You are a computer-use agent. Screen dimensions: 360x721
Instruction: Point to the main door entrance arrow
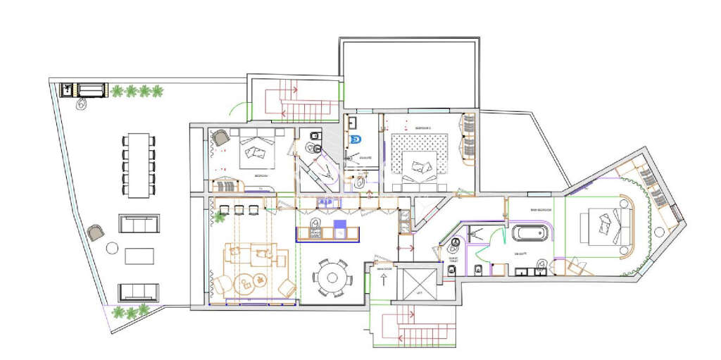click(383, 279)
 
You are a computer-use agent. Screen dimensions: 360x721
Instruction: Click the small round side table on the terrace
click(112, 247)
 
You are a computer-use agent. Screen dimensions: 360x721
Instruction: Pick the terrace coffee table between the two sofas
click(139, 255)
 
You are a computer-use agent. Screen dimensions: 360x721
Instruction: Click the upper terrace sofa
click(139, 224)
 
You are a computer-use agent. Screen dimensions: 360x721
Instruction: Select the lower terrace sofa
click(139, 291)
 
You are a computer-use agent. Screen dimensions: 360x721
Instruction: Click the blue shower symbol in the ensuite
click(355, 139)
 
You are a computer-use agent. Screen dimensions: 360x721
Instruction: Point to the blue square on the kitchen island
click(339, 228)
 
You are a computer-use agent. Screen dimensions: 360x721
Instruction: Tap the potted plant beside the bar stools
click(219, 218)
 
